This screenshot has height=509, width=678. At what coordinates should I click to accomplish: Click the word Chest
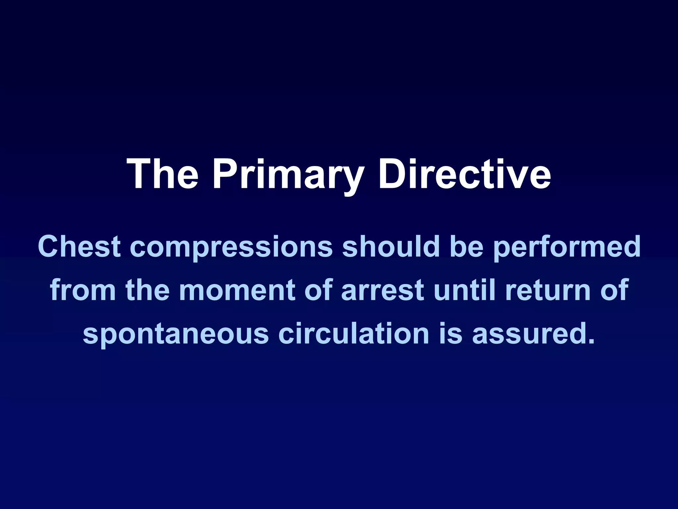pos(79,247)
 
